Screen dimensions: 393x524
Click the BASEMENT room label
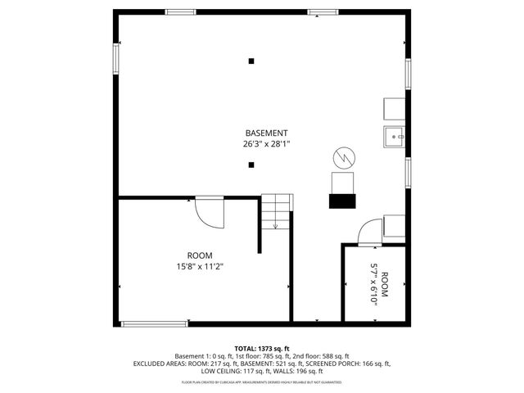coord(266,133)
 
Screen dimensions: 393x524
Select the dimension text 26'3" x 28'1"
coord(266,143)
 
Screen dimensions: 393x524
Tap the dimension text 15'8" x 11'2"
coord(200,266)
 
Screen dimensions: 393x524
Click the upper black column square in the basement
coord(251,60)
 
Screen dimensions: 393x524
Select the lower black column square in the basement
coord(251,165)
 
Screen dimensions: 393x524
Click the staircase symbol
coord(277,212)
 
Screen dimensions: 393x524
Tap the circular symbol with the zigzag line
coord(343,156)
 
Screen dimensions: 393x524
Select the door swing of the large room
coord(209,214)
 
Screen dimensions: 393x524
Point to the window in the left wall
coord(116,56)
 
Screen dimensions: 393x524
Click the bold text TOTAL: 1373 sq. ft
coord(262,349)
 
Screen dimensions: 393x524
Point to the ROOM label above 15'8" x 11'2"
coord(200,255)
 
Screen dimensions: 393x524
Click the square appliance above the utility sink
coord(392,108)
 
